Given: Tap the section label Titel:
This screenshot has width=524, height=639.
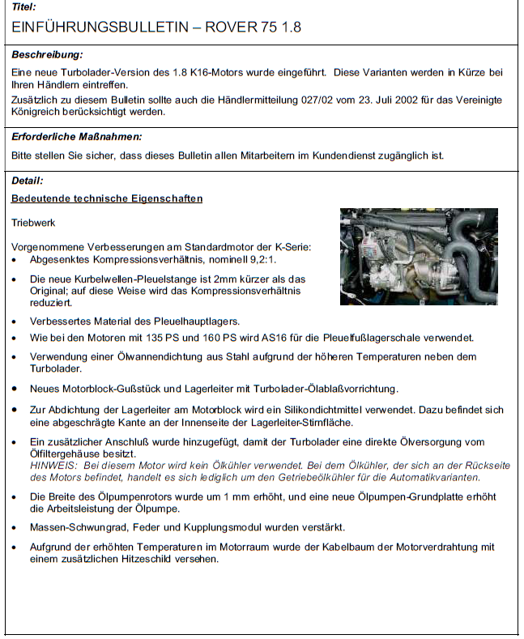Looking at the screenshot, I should coord(24,6).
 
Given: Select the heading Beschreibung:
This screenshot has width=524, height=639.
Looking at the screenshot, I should coord(48,55).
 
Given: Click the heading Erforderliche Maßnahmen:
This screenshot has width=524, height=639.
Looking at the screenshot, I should coord(77,137).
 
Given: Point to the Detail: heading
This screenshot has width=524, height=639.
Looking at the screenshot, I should coord(28,181).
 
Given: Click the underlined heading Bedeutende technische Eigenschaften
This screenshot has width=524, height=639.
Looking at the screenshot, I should coord(107,198).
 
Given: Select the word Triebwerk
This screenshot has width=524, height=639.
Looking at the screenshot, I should coord(34,221).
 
